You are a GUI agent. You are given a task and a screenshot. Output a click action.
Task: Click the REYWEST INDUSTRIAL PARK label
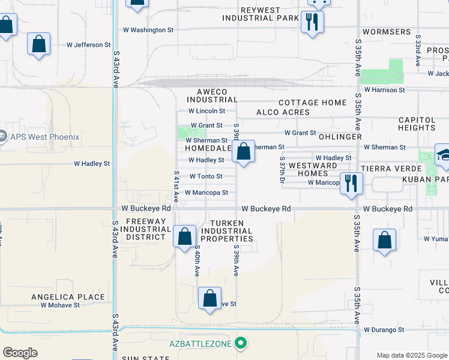(261, 14)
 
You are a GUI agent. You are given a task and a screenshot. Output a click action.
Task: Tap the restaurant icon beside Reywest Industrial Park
(312, 23)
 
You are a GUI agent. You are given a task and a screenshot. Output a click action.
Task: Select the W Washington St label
(148, 29)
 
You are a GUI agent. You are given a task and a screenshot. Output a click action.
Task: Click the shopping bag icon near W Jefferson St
(38, 44)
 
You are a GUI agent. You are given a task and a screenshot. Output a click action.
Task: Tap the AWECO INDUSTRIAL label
(212, 95)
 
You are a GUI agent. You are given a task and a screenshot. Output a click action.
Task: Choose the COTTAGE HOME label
(312, 103)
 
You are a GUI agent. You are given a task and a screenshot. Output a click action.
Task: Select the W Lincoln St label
(206, 111)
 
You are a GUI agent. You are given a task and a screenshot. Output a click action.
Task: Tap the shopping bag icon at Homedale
(243, 152)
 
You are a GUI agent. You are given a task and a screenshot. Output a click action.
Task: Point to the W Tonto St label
(206, 176)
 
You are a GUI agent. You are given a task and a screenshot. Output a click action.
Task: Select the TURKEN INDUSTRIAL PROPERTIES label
(222, 230)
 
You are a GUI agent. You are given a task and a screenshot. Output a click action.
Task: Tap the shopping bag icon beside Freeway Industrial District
(184, 235)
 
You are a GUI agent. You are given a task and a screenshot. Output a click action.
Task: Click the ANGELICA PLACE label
(68, 297)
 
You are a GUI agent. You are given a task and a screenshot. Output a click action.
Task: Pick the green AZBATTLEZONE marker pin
(241, 343)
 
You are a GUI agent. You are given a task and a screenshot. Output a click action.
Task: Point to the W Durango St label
(384, 329)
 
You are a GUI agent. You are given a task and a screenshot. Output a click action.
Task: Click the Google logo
(20, 353)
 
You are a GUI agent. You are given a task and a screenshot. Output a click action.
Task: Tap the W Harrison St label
(385, 90)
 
